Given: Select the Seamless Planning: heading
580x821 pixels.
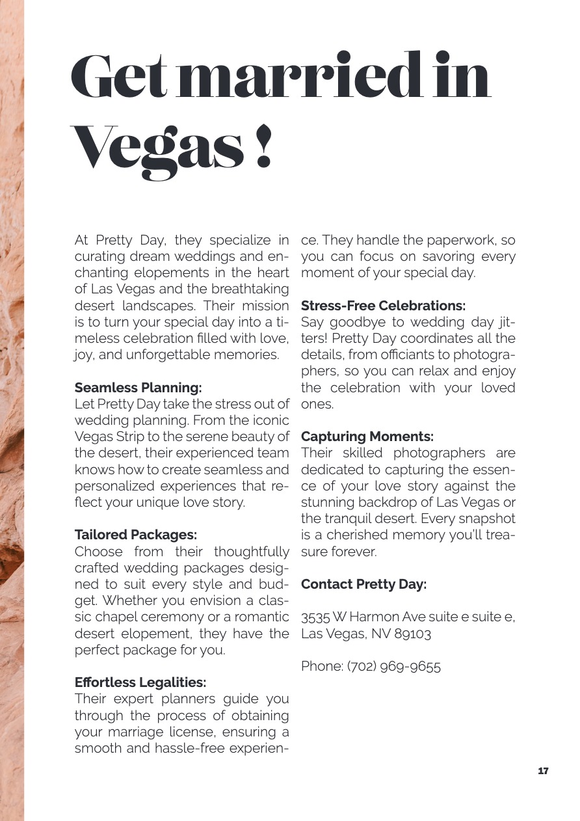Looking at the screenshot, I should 138,388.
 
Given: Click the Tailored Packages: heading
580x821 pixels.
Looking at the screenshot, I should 136,535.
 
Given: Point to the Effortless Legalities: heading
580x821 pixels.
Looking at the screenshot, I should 140,682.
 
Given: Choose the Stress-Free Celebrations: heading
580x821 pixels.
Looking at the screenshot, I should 383,305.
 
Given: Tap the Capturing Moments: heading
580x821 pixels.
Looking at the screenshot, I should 367,436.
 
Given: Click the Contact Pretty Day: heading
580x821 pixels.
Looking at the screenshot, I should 363,584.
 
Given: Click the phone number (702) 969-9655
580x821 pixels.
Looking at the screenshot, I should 394,666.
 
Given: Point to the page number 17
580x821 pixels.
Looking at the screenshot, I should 544,771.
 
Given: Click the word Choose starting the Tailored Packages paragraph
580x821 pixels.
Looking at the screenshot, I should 98,552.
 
